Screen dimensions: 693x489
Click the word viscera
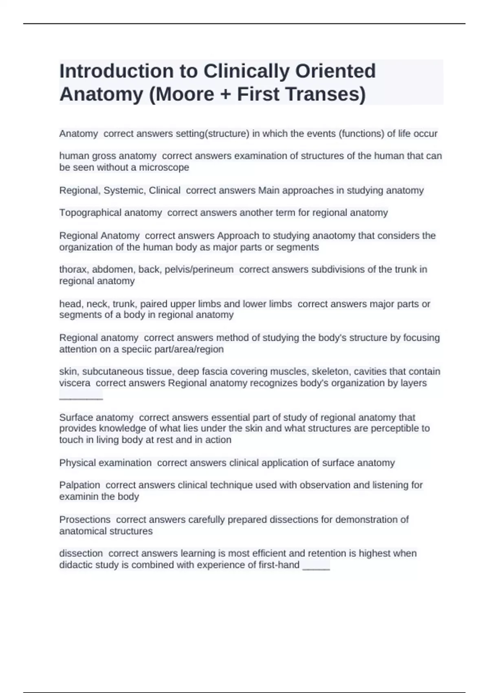click(x=75, y=383)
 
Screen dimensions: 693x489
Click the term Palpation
click(x=79, y=485)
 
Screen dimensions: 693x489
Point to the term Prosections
click(x=85, y=520)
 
